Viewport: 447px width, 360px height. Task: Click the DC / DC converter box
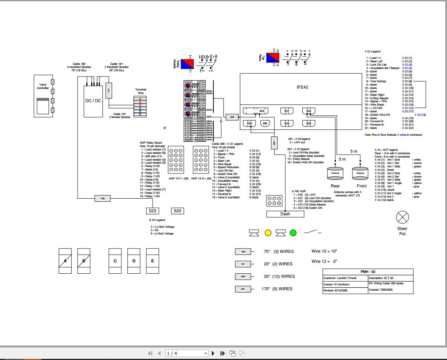tap(93, 100)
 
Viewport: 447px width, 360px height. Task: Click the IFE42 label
tap(302, 87)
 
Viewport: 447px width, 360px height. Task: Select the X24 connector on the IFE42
tap(308, 111)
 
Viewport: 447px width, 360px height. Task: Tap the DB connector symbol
tap(265, 123)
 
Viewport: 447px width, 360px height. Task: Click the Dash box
tap(285, 214)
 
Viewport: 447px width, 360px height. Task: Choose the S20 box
tap(177, 211)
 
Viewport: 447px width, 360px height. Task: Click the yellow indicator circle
tap(268, 233)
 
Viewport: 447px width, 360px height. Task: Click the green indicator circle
tap(293, 233)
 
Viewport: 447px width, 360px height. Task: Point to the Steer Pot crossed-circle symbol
tap(403, 218)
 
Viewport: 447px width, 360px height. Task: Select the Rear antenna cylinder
tap(335, 173)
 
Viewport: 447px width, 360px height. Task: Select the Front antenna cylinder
tap(360, 173)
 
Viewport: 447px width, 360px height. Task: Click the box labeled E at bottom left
tap(152, 261)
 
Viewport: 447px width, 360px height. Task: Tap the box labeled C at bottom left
tap(115, 261)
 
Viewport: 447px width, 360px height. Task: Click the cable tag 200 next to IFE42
tap(232, 117)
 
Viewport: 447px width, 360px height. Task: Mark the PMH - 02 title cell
tap(368, 272)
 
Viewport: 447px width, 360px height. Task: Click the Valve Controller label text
tap(43, 87)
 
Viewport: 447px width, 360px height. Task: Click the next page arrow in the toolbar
tap(213, 353)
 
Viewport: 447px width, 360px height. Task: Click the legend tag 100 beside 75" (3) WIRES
tap(243, 251)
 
